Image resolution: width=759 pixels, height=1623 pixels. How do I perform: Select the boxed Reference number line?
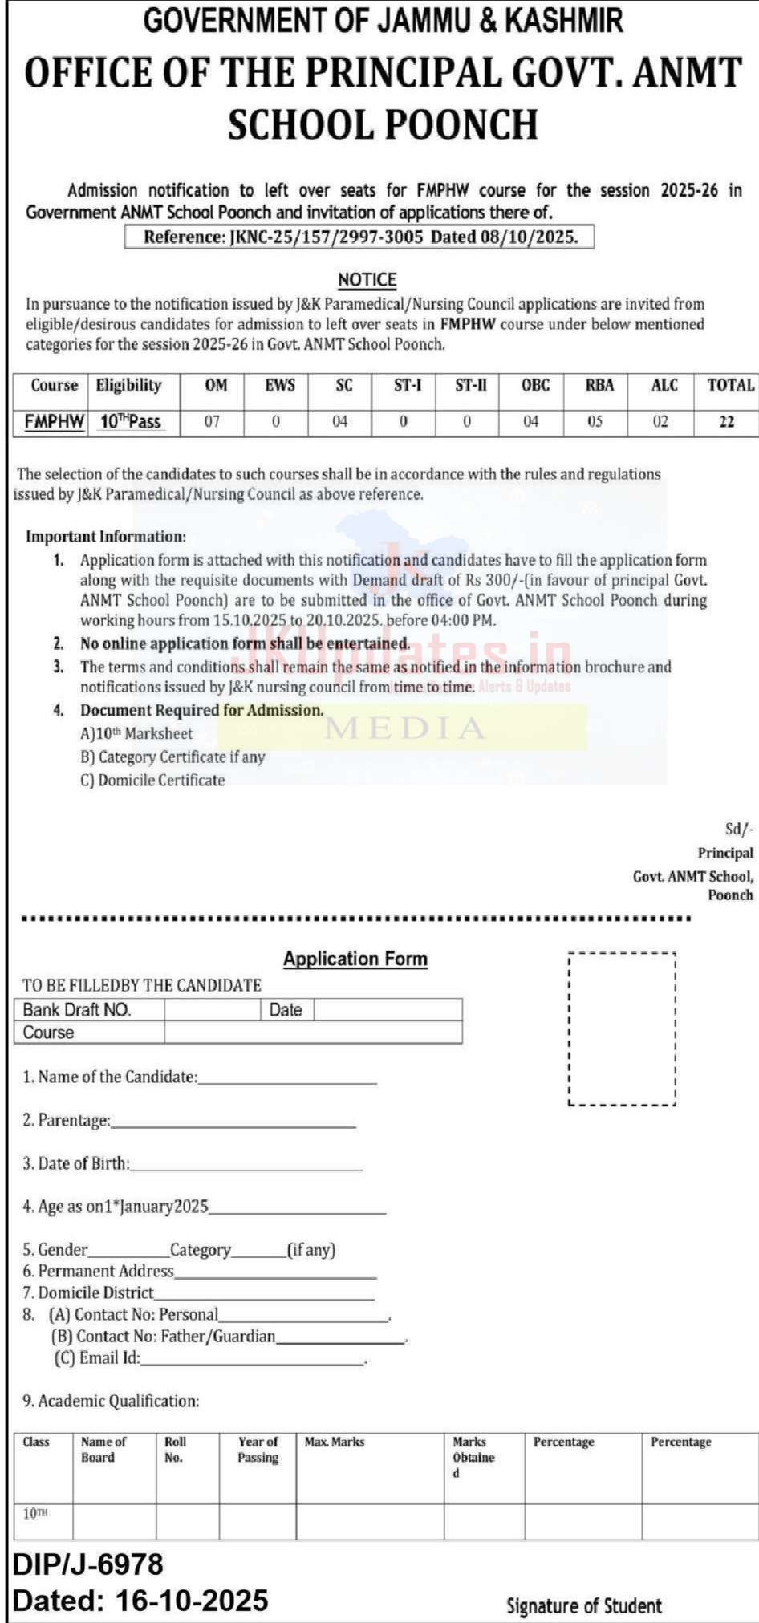pos(359,237)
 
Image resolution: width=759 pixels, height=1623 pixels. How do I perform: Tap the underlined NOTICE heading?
pos(367,280)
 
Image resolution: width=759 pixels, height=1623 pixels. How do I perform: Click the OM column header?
pos(215,386)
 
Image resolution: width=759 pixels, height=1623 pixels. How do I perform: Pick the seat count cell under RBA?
pos(595,422)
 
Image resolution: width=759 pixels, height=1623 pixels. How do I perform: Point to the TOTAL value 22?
pos(727,422)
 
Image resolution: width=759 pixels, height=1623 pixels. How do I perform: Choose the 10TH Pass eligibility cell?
pos(130,422)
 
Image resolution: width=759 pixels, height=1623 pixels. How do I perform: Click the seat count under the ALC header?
pos(660,422)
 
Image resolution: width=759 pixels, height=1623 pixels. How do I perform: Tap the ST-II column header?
pos(470,386)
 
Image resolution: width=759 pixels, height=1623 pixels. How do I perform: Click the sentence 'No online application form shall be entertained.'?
pos(245,643)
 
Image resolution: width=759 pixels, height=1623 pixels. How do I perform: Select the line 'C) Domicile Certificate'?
pos(152,780)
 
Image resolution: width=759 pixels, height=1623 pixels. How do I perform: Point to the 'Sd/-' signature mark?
pos(739,830)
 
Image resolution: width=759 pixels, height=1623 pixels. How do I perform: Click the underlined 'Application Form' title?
pos(355,959)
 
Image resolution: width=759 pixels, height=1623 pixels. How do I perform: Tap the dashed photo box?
pos(622,1029)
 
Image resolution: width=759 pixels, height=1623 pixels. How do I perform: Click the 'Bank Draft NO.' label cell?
pos(77,1010)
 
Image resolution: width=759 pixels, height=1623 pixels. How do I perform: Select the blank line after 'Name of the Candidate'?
pos(287,1079)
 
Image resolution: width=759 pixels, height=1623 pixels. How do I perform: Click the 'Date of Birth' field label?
pos(75,1163)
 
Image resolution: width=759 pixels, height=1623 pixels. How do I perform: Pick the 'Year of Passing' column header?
pos(258,1450)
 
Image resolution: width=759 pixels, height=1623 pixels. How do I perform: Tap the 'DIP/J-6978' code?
pos(88,1564)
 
